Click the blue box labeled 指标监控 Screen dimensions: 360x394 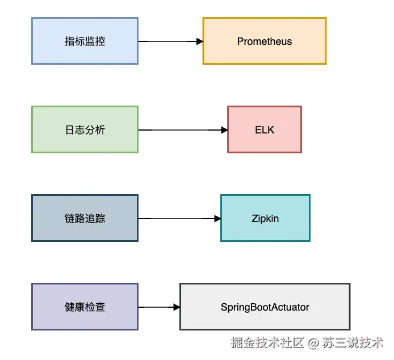pos(85,41)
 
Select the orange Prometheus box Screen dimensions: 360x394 pos(265,41)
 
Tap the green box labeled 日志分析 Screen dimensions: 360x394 pos(85,129)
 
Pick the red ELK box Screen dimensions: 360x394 pos(265,129)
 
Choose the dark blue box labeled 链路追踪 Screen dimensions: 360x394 pos(85,218)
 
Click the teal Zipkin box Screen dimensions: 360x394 pos(265,218)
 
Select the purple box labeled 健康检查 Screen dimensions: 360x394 pos(85,307)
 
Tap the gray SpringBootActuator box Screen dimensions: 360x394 pos(265,307)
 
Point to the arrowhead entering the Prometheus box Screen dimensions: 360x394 pos(199,41)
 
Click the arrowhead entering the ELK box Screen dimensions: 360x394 pos(224,130)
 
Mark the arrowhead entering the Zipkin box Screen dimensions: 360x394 pos(217,219)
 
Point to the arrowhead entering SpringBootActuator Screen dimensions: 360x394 pos(177,307)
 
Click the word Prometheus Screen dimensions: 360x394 pos(265,41)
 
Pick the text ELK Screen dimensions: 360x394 pos(265,130)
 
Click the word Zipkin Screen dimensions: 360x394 pos(265,219)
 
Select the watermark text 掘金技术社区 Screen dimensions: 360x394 pos(267,343)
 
